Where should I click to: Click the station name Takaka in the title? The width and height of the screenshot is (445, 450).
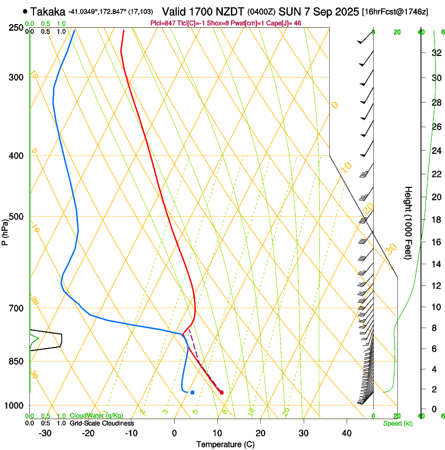48,11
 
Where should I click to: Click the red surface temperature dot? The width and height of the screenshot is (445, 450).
222,392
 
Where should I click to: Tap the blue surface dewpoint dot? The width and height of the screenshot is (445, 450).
193,392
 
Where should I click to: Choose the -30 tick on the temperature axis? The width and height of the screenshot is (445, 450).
45,433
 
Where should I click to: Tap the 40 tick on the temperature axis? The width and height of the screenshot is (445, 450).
347,433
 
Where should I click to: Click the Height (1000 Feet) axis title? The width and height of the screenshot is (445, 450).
409,222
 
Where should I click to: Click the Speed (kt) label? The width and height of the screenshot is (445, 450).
398,423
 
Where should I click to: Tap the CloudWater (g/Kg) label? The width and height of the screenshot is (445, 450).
97,416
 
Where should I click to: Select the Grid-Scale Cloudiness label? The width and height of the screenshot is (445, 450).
102,423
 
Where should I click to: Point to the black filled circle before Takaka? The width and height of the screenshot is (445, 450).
25,11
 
